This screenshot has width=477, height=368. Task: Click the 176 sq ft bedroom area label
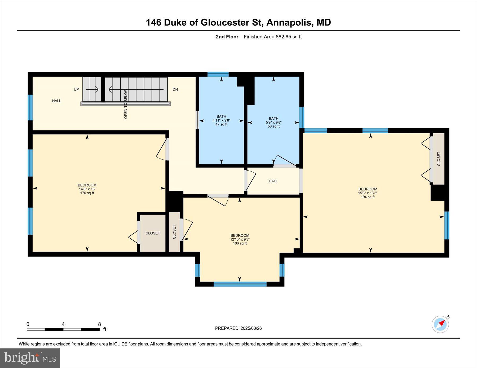click(87, 193)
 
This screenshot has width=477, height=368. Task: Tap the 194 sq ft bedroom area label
click(368, 197)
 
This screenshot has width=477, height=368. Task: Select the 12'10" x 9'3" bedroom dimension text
click(240, 239)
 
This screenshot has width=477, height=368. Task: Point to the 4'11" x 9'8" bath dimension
click(221, 120)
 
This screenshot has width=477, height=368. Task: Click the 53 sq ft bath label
click(274, 126)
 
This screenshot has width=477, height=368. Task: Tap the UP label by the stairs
click(76, 89)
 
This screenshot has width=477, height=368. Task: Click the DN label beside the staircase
click(175, 89)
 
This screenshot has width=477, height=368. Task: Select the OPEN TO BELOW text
click(126, 103)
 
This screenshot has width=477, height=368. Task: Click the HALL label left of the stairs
click(56, 101)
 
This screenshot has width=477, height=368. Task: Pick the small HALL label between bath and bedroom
click(273, 181)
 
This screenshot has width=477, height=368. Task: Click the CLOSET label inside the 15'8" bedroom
click(439, 159)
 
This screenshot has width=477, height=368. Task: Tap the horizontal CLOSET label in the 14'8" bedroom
click(153, 233)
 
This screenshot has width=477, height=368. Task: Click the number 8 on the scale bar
click(100, 324)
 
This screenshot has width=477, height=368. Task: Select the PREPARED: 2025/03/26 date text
click(238, 328)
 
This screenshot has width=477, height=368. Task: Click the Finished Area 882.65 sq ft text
click(273, 37)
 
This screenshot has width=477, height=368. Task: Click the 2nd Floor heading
click(227, 37)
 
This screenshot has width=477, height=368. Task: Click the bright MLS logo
click(30, 358)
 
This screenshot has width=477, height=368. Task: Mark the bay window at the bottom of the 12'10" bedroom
click(240, 284)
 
